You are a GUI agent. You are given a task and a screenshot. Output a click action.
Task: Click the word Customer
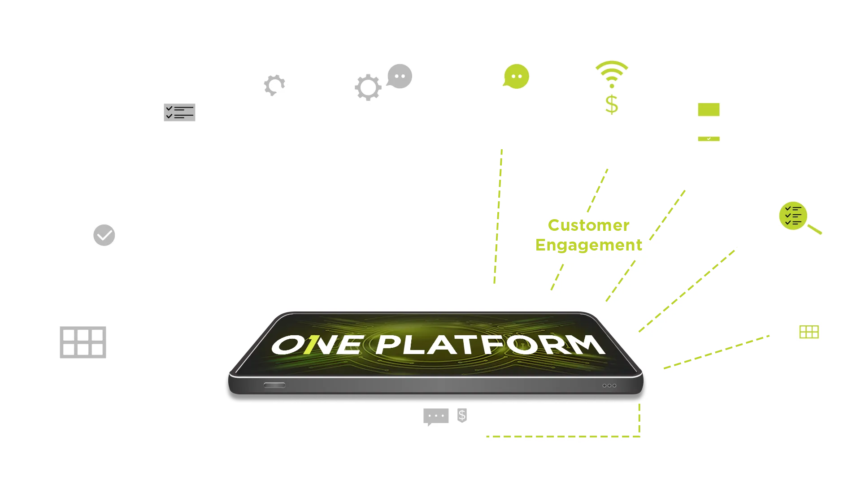[588, 225]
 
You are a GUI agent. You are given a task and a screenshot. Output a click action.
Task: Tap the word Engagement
[588, 245]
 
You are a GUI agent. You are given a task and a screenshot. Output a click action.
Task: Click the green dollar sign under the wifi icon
[612, 104]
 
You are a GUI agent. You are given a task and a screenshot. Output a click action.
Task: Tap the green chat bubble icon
[516, 77]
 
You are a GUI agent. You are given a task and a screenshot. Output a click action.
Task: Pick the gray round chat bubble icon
[400, 76]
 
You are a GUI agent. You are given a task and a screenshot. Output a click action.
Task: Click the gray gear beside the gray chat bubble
[368, 87]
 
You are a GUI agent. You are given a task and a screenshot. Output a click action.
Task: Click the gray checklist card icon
[180, 112]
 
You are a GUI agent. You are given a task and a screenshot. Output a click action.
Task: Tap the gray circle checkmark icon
[104, 235]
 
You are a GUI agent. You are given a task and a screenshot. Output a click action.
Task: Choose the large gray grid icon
[83, 342]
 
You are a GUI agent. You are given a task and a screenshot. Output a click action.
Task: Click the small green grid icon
[809, 332]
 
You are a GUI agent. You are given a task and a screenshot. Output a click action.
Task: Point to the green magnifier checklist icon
[794, 216]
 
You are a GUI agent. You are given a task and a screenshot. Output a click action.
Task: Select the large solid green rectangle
[709, 109]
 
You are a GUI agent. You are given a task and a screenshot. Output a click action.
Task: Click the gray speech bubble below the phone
[435, 416]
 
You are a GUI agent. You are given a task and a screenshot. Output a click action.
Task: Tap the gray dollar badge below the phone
[462, 415]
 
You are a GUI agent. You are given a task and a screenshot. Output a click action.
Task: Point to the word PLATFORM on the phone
[490, 345]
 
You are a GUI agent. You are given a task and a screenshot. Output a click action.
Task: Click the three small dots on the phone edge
[609, 385]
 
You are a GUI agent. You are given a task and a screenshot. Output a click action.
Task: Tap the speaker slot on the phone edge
[274, 385]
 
